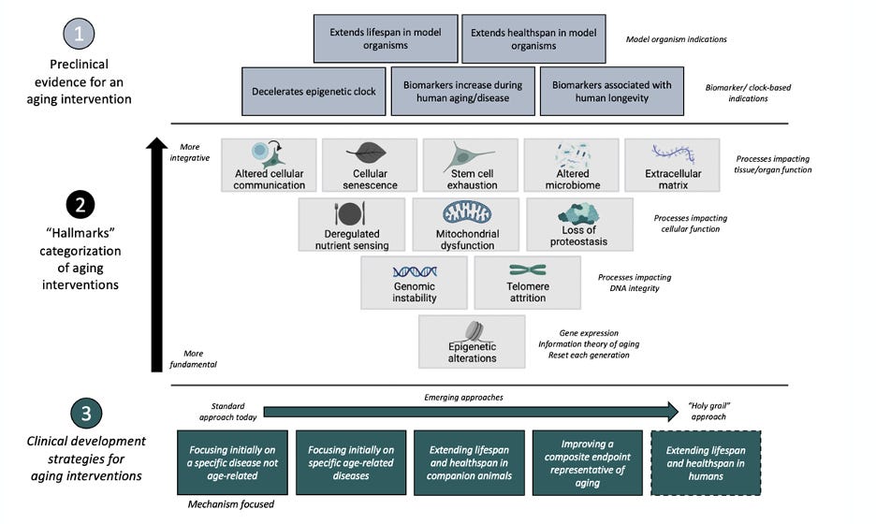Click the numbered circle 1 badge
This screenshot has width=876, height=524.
pos(79,36)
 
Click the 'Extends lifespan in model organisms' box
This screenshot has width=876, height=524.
pos(386,38)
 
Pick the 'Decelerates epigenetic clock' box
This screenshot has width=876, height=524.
pos(313,91)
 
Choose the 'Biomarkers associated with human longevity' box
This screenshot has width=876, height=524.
pos(611,91)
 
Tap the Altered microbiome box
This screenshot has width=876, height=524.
pos(572,166)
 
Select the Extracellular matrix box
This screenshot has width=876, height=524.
pos(673,166)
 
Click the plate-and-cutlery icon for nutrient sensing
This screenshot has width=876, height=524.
pos(350,211)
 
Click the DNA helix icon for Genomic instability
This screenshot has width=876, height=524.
pos(415,271)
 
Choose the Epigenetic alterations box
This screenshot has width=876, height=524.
pos(472,341)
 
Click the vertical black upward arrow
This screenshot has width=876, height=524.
pos(157,253)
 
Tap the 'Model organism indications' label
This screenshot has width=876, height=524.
pos(676,39)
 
